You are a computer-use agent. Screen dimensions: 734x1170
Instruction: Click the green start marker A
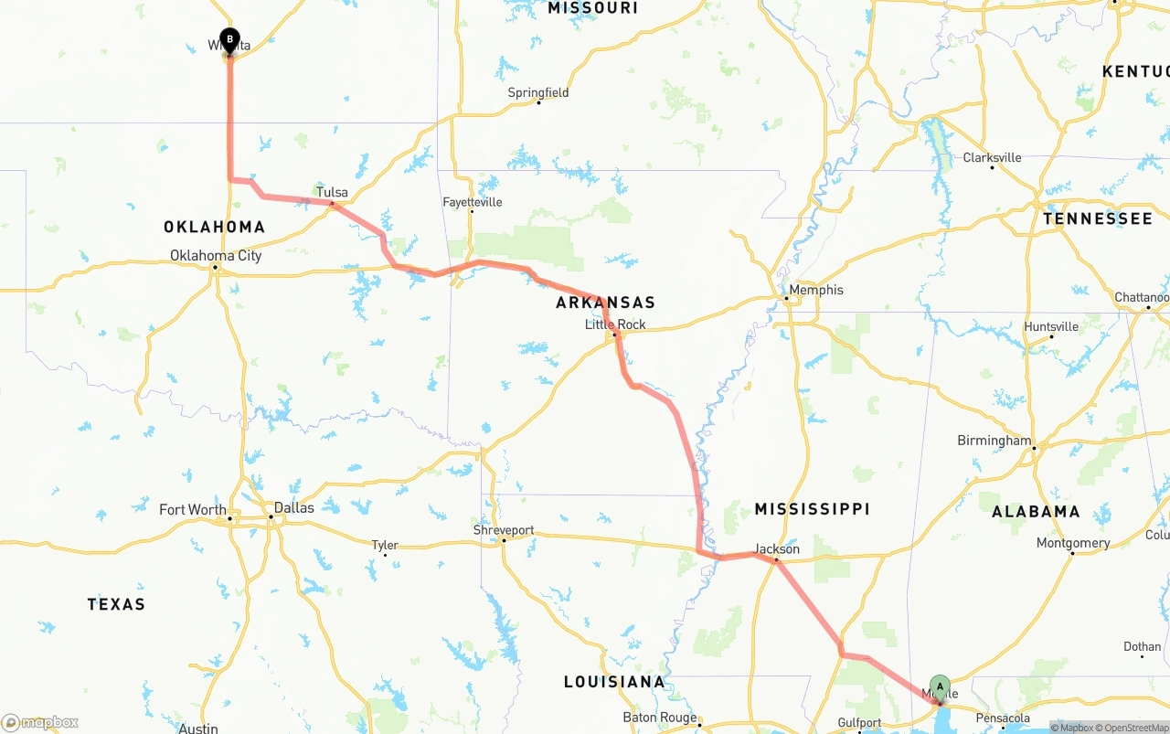pos(940,687)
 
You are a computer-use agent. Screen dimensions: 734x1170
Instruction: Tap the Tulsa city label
pos(332,192)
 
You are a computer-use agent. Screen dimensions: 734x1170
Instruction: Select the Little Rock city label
pos(615,324)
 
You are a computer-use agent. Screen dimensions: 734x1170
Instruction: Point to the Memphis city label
pos(817,290)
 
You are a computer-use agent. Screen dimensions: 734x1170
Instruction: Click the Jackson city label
pos(777,549)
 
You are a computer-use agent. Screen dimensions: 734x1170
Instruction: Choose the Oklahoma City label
pos(216,255)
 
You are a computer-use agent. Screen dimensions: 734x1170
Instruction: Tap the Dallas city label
pos(293,507)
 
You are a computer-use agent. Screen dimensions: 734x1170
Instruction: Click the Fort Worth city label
pos(193,509)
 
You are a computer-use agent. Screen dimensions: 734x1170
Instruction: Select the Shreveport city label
pos(504,530)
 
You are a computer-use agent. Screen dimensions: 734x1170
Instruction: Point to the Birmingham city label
pos(994,441)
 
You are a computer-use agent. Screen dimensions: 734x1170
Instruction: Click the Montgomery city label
pos(1073,543)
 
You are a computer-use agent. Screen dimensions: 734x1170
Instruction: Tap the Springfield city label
pos(538,92)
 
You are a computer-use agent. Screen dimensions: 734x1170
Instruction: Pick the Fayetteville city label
pos(472,202)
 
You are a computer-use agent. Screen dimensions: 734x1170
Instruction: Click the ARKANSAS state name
pos(605,303)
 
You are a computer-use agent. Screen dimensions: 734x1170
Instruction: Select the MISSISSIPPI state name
pos(812,509)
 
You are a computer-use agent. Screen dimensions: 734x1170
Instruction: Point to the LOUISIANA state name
pos(613,682)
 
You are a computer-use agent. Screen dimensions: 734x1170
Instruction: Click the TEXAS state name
pos(116,604)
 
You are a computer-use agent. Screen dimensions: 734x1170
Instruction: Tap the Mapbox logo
pos(40,722)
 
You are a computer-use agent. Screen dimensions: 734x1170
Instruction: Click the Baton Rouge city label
pos(659,718)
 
